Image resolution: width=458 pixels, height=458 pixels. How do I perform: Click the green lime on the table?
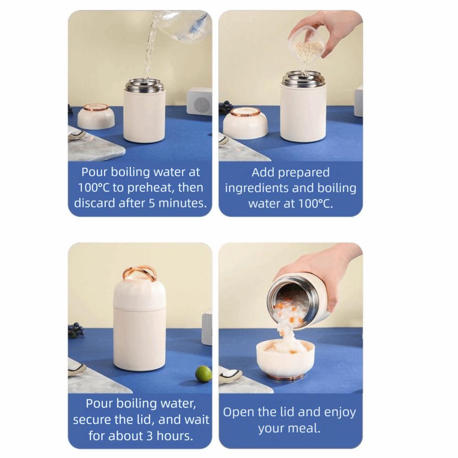203,374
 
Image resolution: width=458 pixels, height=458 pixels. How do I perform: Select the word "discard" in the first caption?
94,203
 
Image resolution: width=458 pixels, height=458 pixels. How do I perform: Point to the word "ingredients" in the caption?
256,188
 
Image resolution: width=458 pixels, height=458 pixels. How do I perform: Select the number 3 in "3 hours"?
150,436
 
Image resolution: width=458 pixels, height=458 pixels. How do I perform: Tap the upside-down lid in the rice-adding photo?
245,123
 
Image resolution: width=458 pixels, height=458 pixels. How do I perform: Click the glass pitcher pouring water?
181,26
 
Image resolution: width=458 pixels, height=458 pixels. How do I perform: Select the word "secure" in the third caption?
92,420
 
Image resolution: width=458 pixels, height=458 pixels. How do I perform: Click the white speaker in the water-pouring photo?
199,101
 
